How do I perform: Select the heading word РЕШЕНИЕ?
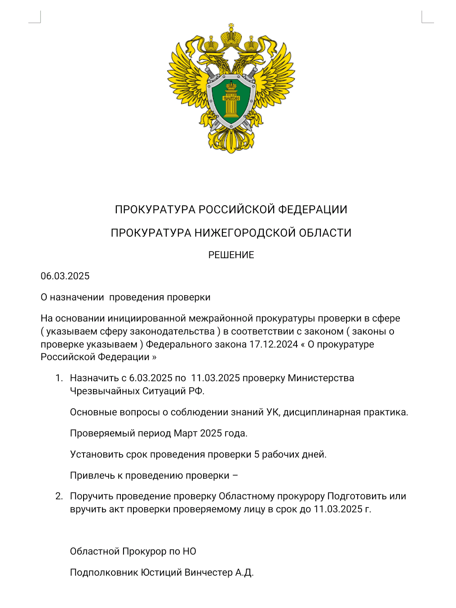click(x=231, y=255)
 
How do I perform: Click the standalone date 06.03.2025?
click(x=65, y=276)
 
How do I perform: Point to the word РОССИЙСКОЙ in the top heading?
click(x=237, y=210)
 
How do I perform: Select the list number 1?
click(x=59, y=378)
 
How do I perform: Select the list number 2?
click(x=59, y=496)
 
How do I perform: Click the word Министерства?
click(x=321, y=378)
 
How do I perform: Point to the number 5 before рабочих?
click(x=257, y=454)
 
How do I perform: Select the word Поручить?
click(x=92, y=496)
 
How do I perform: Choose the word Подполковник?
click(x=104, y=573)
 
